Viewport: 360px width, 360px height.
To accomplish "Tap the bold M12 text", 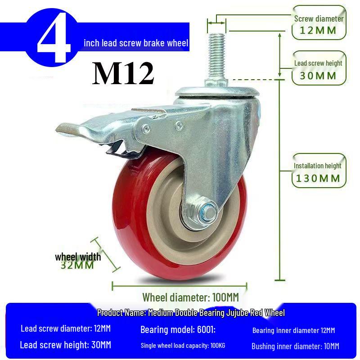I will (123, 73).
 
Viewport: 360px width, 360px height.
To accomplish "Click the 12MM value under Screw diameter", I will (319, 31).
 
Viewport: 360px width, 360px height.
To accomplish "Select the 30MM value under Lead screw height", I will (319, 76).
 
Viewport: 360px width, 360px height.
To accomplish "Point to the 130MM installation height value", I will (318, 178).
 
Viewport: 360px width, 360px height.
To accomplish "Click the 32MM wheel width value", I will (77, 265).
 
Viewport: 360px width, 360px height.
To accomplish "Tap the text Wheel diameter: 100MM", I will (190, 297).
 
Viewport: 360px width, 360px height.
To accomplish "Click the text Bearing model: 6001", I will (178, 330).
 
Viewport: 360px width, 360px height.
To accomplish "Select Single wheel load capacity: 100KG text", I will (183, 346).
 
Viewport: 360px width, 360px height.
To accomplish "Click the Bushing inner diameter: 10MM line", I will (295, 346).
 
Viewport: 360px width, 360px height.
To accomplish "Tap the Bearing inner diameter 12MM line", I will (293, 330).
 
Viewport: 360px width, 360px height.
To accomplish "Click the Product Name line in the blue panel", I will (191, 313).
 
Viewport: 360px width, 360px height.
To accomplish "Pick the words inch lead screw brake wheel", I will (136, 43).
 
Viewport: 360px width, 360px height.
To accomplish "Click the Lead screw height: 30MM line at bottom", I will (65, 345).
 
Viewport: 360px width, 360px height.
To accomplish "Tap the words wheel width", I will (78, 257).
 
